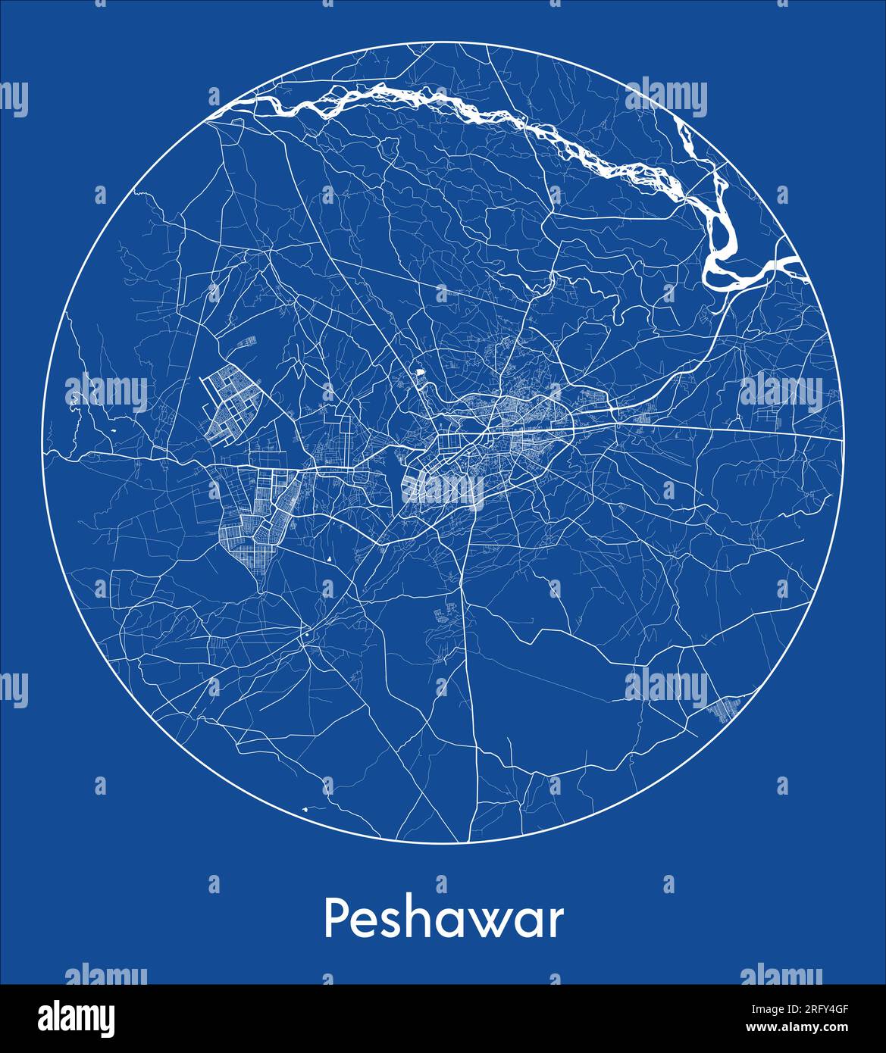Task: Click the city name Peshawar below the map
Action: (443, 920)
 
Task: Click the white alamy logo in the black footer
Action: (76, 1018)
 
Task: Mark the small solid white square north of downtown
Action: (418, 373)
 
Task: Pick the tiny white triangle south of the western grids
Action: (329, 559)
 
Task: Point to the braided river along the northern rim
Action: (470, 110)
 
